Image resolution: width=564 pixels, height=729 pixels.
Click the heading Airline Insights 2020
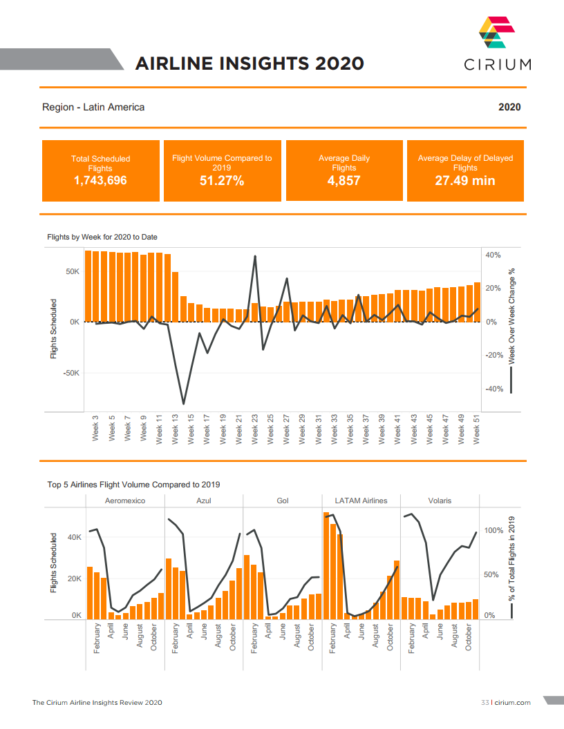coord(250,64)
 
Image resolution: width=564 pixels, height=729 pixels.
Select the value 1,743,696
coord(100,181)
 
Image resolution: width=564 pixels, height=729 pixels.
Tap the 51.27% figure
coord(222,181)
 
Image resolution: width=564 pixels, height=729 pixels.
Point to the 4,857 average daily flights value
coord(344,181)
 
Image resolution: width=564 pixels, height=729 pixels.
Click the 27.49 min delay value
coord(464,181)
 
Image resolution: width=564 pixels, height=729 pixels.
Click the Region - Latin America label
coord(93,107)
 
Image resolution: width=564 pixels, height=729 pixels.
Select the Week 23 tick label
coord(255,428)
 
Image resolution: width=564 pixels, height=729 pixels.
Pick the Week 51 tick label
coord(478,428)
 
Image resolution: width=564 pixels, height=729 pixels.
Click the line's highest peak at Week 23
coord(255,256)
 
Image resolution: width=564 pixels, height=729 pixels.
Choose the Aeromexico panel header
coord(125,500)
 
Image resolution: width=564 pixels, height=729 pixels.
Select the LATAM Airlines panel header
coord(361,500)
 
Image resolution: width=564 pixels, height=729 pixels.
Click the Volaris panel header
coord(440,500)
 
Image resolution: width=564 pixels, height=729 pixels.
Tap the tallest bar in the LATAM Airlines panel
coord(326,566)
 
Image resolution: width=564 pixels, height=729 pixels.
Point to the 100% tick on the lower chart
coord(494,530)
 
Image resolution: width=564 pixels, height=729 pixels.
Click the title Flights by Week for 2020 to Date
coord(102,237)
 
